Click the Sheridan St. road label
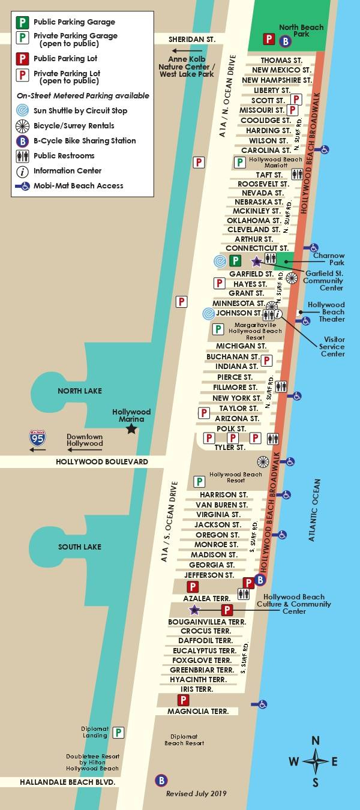191,39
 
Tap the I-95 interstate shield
37,439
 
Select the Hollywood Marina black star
131,429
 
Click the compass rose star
316,761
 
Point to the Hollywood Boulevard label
101,462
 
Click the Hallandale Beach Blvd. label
67,782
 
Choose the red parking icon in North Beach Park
269,40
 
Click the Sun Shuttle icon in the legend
22,110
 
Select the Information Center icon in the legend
22,170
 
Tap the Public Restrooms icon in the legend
22,155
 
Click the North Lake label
80,391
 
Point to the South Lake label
80,547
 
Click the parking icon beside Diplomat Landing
119,733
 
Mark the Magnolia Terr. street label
197,712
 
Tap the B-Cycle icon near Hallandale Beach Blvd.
161,780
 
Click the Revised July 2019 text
196,793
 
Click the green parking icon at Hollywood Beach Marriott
239,162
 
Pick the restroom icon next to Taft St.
297,175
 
